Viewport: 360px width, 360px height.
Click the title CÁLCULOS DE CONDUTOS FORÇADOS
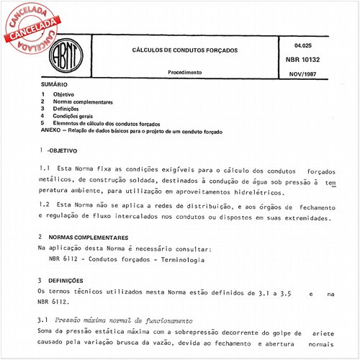pos(186,51)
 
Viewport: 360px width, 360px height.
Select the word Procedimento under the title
pos(186,73)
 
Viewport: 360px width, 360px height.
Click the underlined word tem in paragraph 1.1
pos(330,183)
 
